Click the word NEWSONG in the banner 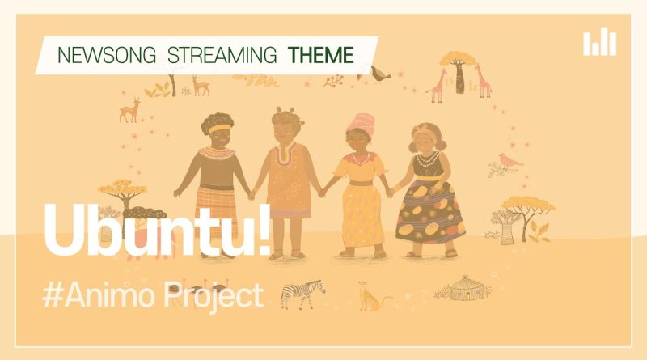pos(107,55)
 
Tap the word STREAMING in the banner pos(222,55)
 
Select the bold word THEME pos(320,55)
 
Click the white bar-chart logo pos(599,41)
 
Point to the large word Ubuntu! pos(157,229)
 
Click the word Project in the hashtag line pos(214,294)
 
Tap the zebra pos(302,294)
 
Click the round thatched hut pos(467,288)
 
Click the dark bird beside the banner pos(379,73)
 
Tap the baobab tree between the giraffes pos(458,71)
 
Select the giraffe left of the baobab pos(437,86)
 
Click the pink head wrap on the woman pos(362,123)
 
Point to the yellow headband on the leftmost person pos(219,129)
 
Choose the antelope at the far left pos(129,110)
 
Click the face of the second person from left pos(286,133)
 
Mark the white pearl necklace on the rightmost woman pos(427,159)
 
